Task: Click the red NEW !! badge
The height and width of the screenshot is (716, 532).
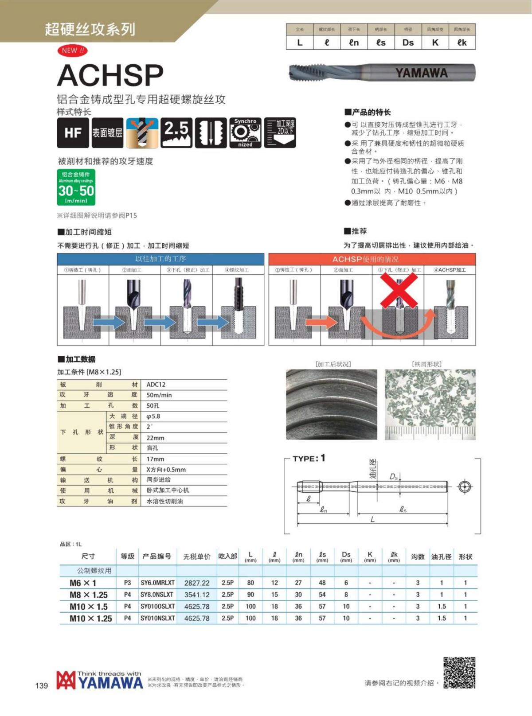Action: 72,51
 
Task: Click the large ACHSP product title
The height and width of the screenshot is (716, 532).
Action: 110,75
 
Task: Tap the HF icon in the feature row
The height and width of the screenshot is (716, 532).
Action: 73,132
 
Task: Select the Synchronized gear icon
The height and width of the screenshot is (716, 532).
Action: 245,132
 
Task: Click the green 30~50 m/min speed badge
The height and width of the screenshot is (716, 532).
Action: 76,187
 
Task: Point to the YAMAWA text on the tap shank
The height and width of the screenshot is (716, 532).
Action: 421,73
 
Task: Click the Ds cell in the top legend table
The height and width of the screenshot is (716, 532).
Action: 408,43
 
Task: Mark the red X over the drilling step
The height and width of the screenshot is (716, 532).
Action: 399,290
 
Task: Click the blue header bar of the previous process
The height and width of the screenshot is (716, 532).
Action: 160,259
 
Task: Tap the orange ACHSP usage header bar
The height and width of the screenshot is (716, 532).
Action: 372,259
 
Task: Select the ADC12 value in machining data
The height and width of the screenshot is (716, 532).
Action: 156,385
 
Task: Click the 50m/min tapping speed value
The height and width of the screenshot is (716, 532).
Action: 159,395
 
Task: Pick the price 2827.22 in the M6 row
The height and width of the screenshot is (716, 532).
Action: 197,583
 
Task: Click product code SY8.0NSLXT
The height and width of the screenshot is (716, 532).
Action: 157,595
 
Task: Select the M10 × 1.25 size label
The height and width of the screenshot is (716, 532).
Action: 90,619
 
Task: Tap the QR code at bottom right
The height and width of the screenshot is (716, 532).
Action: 459,673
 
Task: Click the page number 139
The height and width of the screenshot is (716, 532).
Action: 41,686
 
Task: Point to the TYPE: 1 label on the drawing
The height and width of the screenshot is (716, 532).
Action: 309,458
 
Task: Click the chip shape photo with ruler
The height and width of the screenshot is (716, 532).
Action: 430,405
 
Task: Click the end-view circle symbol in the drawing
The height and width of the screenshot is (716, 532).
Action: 465,486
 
